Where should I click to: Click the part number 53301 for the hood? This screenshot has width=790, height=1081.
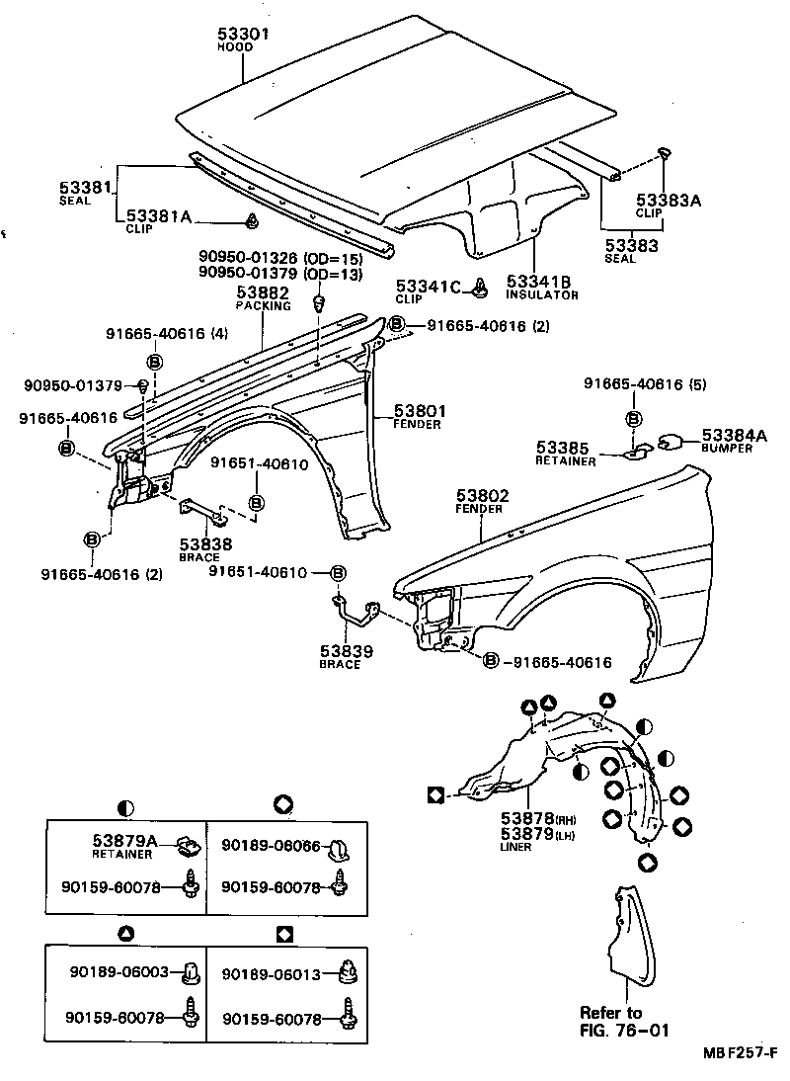click(x=243, y=35)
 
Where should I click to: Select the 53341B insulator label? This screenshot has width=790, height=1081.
click(x=542, y=281)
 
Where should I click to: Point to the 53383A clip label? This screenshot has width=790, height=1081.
click(x=668, y=201)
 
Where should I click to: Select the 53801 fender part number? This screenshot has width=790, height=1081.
click(x=420, y=410)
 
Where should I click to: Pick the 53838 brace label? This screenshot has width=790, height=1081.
click(x=205, y=543)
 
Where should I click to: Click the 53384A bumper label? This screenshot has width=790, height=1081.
click(x=734, y=435)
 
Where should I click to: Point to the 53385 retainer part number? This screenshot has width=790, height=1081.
click(x=563, y=448)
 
